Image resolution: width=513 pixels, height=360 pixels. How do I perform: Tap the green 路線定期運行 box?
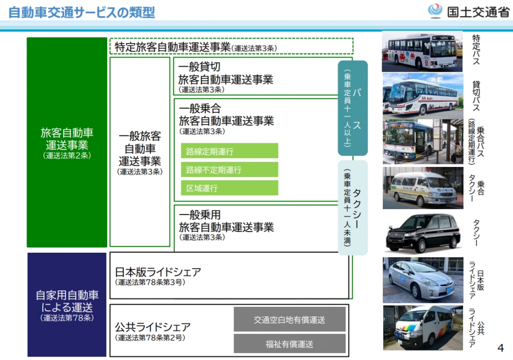pos(229,150)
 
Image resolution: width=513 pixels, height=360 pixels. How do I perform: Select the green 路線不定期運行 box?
pos(229,169)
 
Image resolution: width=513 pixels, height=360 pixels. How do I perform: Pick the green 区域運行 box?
pos(229,188)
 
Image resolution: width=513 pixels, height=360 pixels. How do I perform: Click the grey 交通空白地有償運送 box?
pos(290,319)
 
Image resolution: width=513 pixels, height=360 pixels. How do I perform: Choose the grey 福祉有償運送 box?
pos(290,344)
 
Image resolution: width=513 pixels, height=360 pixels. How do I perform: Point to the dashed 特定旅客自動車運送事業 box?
pos(231,47)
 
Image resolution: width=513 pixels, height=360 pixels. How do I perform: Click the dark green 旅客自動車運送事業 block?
pos(67,142)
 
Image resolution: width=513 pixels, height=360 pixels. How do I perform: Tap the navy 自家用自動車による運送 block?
pos(67,304)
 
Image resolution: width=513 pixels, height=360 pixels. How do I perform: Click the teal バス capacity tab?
pos(353,108)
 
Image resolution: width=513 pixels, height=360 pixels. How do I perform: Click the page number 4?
pos(500,348)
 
